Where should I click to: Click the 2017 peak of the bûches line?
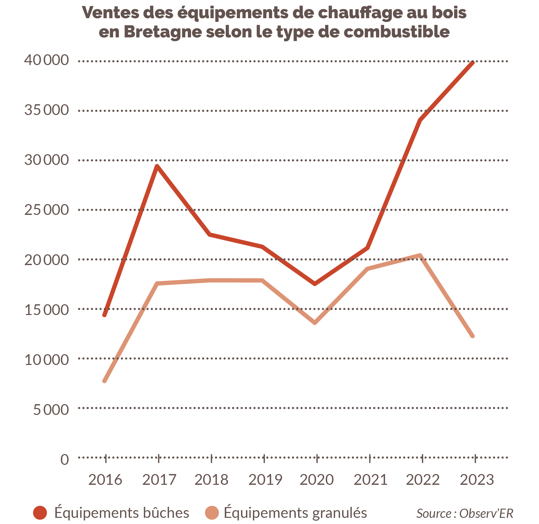pyautogui.click(x=157, y=166)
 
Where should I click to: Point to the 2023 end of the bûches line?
pyautogui.click(x=473, y=63)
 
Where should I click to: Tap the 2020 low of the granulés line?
pyautogui.click(x=315, y=323)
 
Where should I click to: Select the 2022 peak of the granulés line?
pyautogui.click(x=420, y=255)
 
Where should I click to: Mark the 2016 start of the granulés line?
pyautogui.click(x=104, y=381)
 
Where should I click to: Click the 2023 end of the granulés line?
pyautogui.click(x=473, y=336)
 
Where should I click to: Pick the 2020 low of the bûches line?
pyautogui.click(x=315, y=284)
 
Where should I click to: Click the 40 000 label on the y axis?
pyautogui.click(x=47, y=60)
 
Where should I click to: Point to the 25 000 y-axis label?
pyautogui.click(x=47, y=210)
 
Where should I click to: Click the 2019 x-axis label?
pyautogui.click(x=265, y=480)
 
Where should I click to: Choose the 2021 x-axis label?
pyautogui.click(x=370, y=480)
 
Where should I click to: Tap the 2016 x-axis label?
pyautogui.click(x=105, y=480)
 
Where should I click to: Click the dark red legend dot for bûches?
pyautogui.click(x=40, y=512)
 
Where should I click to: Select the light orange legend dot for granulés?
pyautogui.click(x=212, y=512)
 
